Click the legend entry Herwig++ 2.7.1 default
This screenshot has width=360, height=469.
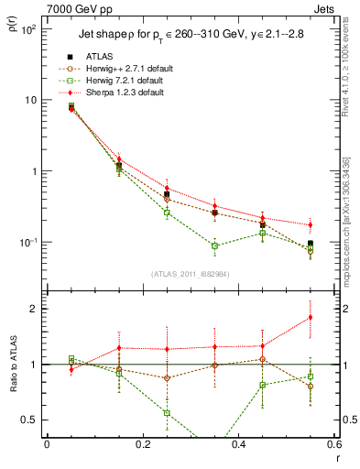[x=119, y=69]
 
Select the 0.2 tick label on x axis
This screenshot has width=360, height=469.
[x=142, y=445]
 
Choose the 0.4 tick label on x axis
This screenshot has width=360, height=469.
[x=238, y=445]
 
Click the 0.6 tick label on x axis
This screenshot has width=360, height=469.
[x=333, y=445]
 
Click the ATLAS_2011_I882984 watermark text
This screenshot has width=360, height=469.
[x=190, y=274]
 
